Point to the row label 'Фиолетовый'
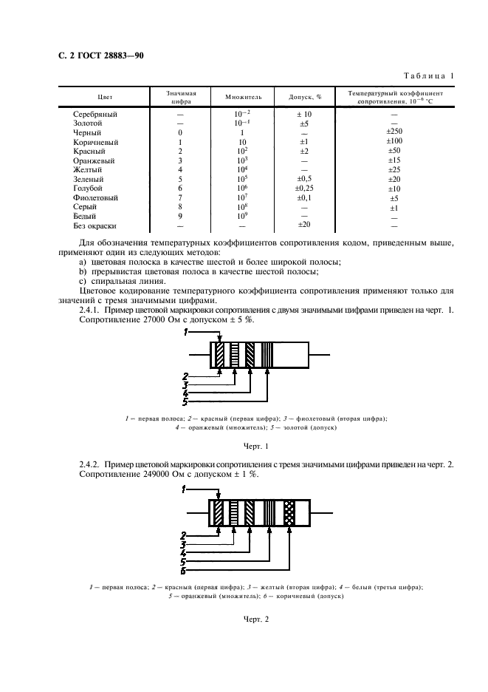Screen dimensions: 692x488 pos(95,198)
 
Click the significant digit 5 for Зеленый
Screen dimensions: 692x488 pos(180,180)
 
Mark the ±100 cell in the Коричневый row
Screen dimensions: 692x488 pos(394,142)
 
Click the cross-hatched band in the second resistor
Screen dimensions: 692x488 pos(289,512)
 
